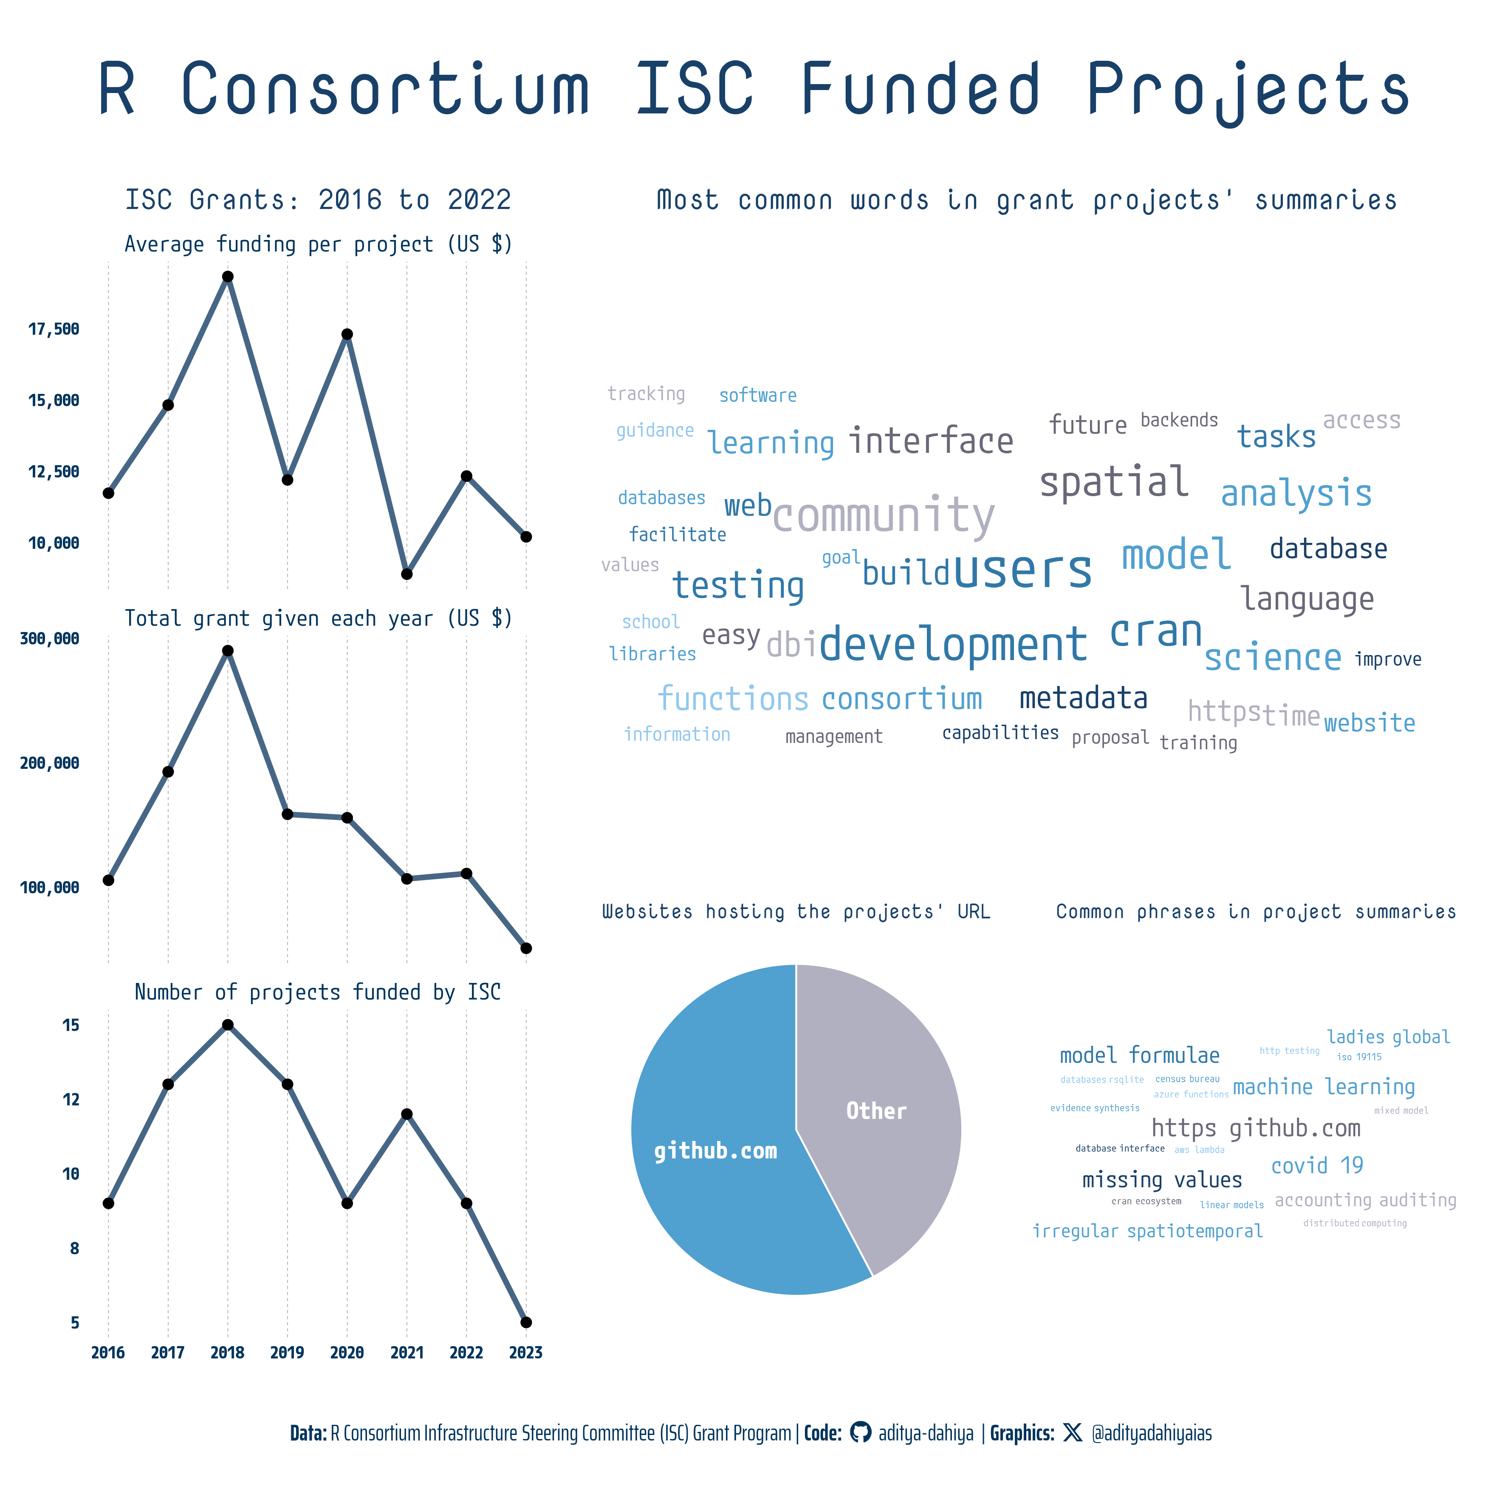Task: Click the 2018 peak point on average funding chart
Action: point(227,277)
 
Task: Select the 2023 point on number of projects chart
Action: point(526,1322)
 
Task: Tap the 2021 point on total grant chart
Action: point(407,879)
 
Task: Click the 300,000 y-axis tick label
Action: point(49,639)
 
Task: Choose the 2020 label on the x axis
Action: point(347,1353)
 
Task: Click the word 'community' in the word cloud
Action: point(884,515)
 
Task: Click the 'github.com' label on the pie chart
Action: point(715,1151)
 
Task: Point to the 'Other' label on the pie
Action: point(876,1111)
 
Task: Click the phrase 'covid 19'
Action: point(1316,1165)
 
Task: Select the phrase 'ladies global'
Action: point(1388,1037)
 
